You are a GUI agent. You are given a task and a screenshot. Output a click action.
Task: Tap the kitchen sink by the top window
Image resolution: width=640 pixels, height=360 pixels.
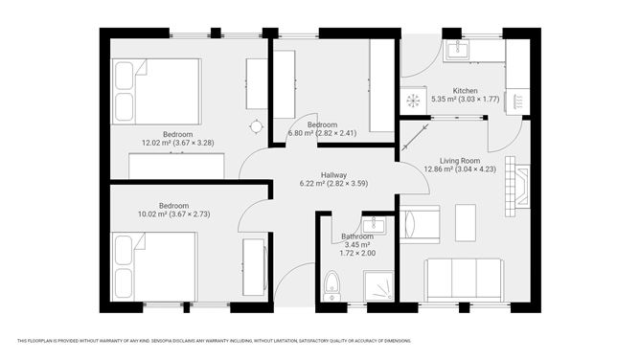click(456, 49)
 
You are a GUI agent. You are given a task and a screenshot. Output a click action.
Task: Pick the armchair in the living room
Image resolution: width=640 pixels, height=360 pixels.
click(419, 224)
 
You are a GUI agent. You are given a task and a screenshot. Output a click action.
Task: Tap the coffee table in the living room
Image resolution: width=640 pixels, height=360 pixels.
click(465, 223)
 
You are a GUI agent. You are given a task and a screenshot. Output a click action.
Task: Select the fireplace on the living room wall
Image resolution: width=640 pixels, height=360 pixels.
click(520, 183)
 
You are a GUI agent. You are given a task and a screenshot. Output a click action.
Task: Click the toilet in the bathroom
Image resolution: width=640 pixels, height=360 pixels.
click(331, 282)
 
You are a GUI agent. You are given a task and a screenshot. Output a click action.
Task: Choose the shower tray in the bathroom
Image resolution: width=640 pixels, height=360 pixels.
click(377, 283)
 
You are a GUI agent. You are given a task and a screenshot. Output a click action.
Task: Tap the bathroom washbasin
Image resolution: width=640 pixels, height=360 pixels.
click(377, 227)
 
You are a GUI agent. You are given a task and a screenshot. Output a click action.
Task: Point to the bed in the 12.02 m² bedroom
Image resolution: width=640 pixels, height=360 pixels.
click(156, 91)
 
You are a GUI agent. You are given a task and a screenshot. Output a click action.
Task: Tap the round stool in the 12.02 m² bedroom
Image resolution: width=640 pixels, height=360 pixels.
click(256, 125)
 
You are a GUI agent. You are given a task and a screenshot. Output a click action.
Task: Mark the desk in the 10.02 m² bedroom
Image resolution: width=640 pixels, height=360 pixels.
click(254, 267)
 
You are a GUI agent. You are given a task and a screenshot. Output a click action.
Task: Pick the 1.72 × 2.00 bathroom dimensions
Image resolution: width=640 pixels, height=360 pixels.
click(356, 252)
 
